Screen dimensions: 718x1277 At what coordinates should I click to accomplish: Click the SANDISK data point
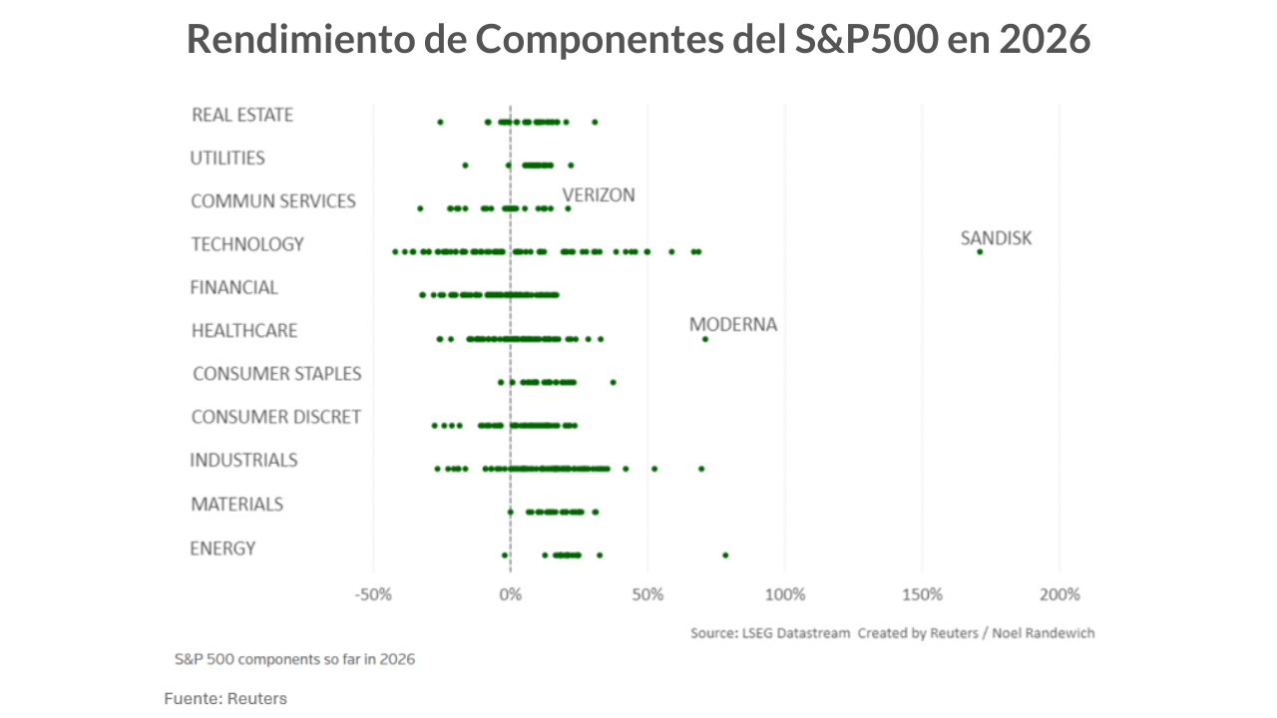click(980, 251)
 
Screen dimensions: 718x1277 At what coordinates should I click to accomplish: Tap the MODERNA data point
click(705, 339)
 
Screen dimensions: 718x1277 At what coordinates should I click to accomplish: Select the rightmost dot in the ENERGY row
click(725, 555)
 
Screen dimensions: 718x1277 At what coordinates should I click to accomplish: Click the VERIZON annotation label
click(599, 194)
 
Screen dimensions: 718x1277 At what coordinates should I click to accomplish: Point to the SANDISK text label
click(996, 238)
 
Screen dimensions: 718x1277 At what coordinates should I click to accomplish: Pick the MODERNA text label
click(732, 325)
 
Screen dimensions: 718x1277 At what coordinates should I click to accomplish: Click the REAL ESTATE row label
click(242, 115)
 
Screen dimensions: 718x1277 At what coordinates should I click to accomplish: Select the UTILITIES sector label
click(227, 158)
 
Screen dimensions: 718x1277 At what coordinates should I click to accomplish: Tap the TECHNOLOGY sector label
click(247, 244)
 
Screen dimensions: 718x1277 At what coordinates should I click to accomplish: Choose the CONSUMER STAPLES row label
click(276, 374)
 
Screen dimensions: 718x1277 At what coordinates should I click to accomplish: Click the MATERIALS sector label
click(236, 504)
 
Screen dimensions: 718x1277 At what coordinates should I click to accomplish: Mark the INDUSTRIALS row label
click(243, 460)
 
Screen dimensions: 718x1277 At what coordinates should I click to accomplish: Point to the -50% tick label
click(373, 595)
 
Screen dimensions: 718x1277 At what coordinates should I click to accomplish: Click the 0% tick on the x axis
click(511, 595)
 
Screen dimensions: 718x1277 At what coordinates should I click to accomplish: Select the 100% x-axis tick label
click(785, 595)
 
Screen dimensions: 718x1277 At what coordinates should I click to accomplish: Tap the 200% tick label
click(1060, 595)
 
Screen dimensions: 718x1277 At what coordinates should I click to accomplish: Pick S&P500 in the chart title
click(867, 40)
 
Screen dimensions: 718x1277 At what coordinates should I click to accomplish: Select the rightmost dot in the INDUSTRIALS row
click(701, 469)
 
